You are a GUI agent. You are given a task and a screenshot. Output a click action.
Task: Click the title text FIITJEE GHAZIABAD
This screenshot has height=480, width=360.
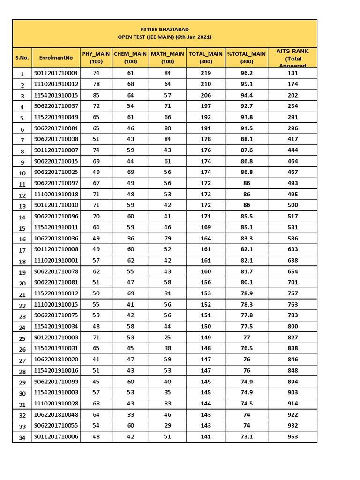click(164, 29)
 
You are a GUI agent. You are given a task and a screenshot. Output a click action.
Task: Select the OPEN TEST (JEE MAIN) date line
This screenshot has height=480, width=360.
click(164, 37)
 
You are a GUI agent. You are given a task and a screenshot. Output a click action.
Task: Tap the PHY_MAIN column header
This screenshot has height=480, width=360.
click(96, 58)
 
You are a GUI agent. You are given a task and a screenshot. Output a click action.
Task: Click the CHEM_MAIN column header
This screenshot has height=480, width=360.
click(131, 58)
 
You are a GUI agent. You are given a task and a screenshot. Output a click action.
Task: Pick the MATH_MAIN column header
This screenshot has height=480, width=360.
click(167, 58)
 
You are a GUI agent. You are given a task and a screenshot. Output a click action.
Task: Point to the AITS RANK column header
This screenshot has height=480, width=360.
click(293, 58)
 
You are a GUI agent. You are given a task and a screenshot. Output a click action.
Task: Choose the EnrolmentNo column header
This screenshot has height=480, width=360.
click(56, 58)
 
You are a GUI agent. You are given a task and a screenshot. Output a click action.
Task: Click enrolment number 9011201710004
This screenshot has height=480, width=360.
click(56, 73)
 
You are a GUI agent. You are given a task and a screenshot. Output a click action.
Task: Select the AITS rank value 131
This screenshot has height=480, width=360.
click(293, 73)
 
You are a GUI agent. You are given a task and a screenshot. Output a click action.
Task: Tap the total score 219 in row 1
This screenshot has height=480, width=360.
click(205, 73)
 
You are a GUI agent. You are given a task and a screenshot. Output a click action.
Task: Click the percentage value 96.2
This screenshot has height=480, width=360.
click(247, 73)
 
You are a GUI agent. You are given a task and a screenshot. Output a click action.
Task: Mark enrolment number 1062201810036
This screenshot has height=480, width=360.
click(56, 238)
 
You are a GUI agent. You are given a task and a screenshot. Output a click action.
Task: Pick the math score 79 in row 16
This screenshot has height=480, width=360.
click(167, 238)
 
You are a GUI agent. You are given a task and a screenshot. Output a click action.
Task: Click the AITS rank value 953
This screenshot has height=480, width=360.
click(293, 436)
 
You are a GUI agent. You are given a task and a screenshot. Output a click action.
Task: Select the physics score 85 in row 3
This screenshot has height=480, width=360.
click(96, 95)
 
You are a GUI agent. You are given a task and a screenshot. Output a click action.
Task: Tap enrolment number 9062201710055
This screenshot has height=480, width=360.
click(56, 425)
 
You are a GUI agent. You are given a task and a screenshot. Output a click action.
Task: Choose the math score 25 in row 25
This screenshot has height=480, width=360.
click(167, 337)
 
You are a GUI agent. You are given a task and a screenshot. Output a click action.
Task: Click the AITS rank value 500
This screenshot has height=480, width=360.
click(293, 205)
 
